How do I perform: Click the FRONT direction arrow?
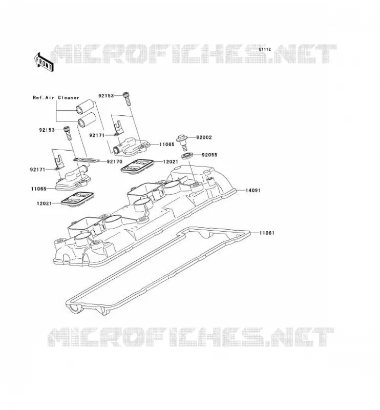(x=44, y=62)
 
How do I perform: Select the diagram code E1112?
(x=265, y=49)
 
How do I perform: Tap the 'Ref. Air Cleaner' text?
(x=56, y=97)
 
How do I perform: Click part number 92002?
(x=204, y=137)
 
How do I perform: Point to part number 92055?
(x=209, y=155)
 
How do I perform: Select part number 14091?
(x=253, y=190)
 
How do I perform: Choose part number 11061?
(x=267, y=233)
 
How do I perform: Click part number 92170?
(x=115, y=161)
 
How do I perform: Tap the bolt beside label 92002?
(x=183, y=142)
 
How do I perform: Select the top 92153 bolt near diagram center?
(x=127, y=99)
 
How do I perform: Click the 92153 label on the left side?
(x=47, y=130)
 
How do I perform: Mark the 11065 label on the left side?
(x=39, y=189)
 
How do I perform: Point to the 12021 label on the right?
(x=171, y=161)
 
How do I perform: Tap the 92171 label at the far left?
(x=37, y=170)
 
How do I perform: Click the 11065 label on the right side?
(x=167, y=145)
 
